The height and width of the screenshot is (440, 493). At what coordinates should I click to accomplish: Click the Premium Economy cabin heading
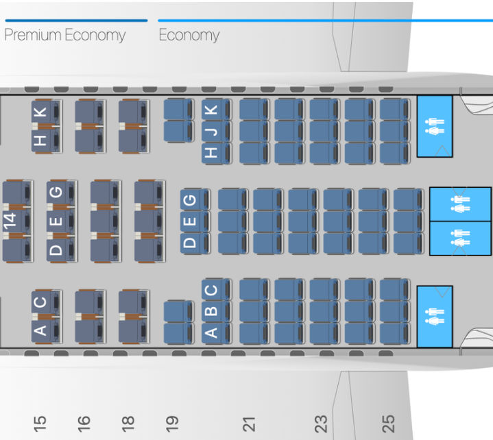[65, 35]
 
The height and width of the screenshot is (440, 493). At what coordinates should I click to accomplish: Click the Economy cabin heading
[189, 35]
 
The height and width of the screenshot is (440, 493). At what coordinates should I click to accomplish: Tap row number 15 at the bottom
[40, 423]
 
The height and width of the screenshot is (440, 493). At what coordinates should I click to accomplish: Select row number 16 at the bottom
[84, 423]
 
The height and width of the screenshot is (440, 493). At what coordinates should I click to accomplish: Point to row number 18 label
[128, 423]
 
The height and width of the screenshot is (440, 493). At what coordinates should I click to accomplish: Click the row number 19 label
[172, 423]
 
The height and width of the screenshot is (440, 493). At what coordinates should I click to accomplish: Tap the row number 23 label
[320, 423]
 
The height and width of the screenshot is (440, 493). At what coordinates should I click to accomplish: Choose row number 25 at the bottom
[389, 423]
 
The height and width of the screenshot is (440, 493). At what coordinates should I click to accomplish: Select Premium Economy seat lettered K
[43, 112]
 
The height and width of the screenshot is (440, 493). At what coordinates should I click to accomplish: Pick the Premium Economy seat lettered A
[43, 330]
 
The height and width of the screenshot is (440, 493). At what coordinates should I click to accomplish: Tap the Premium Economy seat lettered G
[58, 194]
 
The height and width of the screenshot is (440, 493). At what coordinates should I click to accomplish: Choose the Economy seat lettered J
[213, 131]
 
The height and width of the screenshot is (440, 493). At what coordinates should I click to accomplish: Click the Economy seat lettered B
[213, 311]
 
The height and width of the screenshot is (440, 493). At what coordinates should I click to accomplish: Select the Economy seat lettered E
[191, 221]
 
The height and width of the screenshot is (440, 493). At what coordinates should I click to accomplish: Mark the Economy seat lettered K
[213, 110]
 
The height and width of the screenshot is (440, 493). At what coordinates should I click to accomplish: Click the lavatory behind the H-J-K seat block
[435, 127]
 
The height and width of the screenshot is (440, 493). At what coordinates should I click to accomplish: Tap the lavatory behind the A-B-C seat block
[435, 317]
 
